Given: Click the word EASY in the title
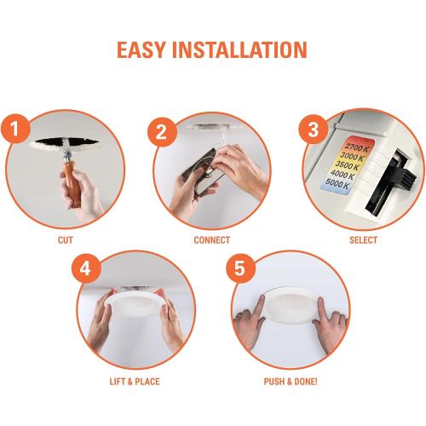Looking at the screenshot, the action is click(141, 50).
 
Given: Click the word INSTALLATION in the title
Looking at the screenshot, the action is click(240, 50).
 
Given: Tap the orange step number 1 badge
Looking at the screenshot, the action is click(15, 129).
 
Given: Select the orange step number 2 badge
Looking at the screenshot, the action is click(162, 132).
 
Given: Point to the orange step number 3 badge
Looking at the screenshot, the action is click(314, 130).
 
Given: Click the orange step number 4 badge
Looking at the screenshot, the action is click(86, 268).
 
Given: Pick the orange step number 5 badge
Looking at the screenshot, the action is click(240, 268).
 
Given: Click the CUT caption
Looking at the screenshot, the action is click(66, 240).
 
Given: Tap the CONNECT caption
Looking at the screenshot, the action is click(212, 240).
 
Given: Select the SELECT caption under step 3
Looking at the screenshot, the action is click(363, 240).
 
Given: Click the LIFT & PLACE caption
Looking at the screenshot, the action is click(135, 382).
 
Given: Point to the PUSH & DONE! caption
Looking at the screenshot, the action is click(291, 382).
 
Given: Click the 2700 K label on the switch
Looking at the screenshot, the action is click(357, 148).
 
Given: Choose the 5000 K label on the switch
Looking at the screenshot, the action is click(337, 184).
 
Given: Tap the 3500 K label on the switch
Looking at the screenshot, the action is click(347, 165).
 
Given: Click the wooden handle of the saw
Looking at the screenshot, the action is click(72, 182).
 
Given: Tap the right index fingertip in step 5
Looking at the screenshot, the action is click(320, 301).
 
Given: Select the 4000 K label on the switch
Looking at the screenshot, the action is click(343, 175).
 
